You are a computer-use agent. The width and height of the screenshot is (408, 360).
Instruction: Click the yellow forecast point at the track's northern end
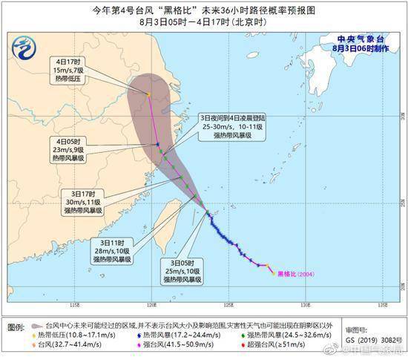click(x=148, y=95)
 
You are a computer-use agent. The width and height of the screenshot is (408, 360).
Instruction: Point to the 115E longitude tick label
click(x=73, y=305)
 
